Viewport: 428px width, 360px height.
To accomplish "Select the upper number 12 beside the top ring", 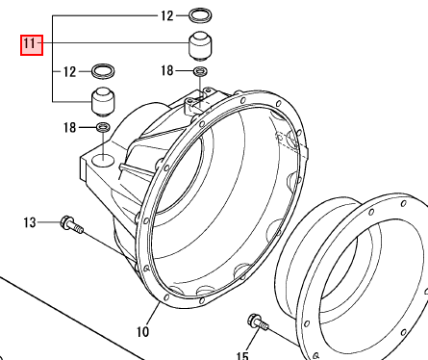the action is click(x=166, y=15).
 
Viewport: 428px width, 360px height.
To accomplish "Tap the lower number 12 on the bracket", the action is click(x=69, y=71).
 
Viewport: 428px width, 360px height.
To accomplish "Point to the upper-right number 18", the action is click(x=167, y=70).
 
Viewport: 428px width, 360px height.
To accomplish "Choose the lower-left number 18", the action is click(x=69, y=127).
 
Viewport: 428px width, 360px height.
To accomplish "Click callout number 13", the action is click(x=30, y=222).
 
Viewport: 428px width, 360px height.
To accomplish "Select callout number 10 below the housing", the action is click(x=142, y=331).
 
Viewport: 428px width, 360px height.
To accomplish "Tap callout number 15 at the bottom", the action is click(x=242, y=356).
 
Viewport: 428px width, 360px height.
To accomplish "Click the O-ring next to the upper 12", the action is click(x=200, y=15).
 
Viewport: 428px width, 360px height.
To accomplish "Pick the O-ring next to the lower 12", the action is click(x=103, y=71).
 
